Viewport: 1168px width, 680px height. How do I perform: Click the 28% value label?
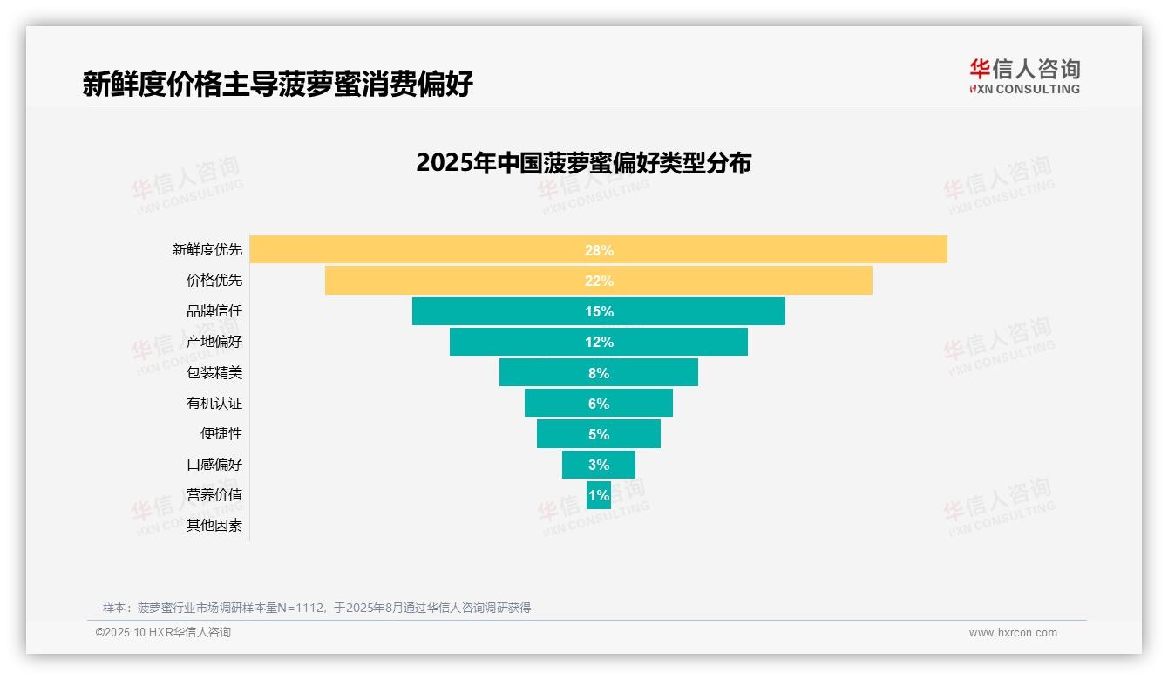click(599, 250)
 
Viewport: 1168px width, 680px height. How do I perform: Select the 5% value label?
click(599, 434)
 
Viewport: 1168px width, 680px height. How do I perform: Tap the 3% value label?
click(599, 465)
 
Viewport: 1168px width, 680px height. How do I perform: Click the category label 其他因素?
click(214, 526)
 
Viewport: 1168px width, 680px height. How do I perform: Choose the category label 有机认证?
click(214, 403)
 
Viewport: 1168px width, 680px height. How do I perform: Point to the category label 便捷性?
click(221, 433)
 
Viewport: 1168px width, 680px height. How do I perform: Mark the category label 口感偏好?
click(214, 464)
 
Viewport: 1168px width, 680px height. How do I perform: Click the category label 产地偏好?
click(214, 342)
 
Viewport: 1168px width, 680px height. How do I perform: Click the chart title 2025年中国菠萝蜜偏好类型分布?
click(583, 163)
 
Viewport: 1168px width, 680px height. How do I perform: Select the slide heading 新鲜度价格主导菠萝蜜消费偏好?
click(278, 84)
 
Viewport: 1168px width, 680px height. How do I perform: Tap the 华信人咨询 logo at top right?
click(1024, 76)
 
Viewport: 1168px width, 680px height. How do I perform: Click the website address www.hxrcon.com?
click(1013, 633)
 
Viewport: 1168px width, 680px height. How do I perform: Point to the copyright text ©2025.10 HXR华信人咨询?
click(163, 633)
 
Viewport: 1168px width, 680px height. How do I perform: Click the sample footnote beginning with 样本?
click(316, 608)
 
